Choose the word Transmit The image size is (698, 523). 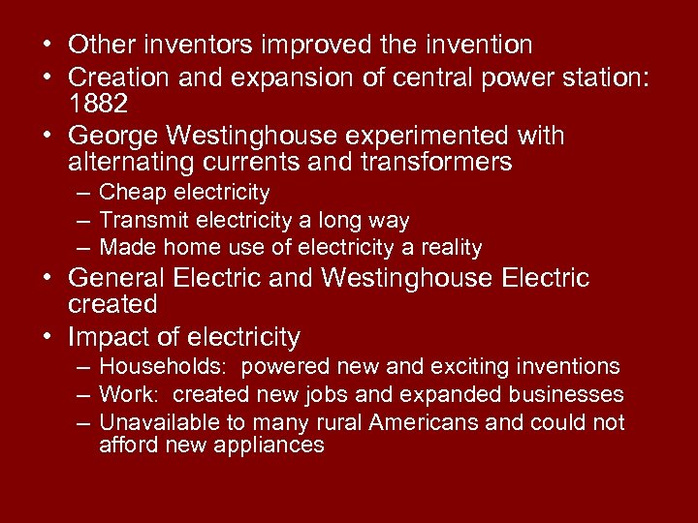[x=143, y=221]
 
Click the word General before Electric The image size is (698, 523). [x=117, y=279]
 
